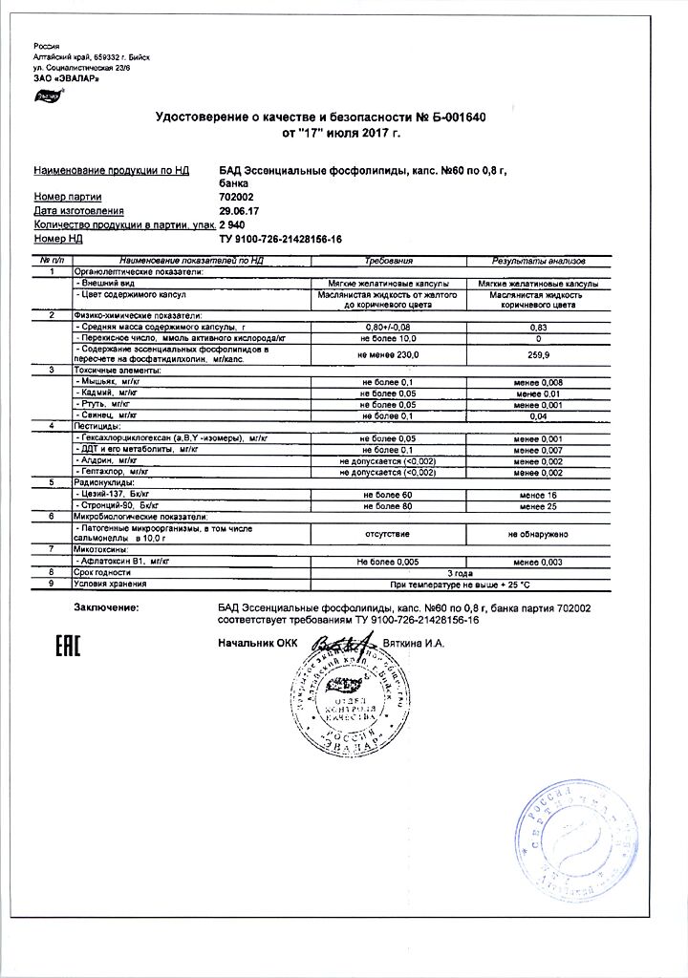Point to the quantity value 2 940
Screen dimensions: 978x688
point(233,223)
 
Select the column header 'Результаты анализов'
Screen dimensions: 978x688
point(538,260)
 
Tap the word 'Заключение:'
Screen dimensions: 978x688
point(105,607)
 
